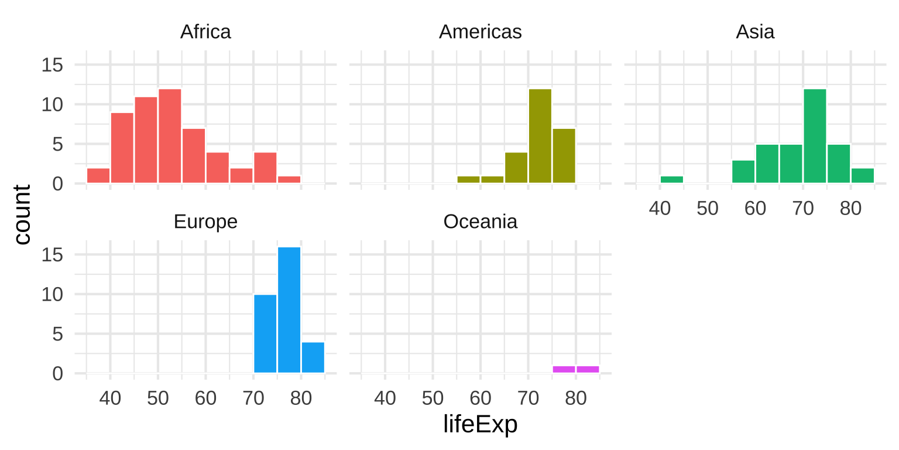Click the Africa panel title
click(205, 32)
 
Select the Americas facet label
click(480, 32)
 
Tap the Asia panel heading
click(755, 32)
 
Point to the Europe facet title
click(205, 222)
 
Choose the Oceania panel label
click(480, 222)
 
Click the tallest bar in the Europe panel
click(289, 309)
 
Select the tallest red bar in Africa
click(170, 136)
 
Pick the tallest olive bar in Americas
click(540, 136)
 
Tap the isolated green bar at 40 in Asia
click(671, 179)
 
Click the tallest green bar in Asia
click(815, 136)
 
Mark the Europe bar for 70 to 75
click(265, 333)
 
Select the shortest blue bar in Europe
click(313, 357)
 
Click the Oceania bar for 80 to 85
click(588, 369)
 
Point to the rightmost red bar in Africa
click(289, 179)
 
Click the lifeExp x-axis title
click(480, 425)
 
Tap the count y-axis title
click(22, 214)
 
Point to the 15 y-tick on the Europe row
click(53, 255)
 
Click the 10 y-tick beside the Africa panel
click(53, 105)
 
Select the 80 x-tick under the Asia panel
click(850, 209)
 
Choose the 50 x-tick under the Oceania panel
click(433, 399)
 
